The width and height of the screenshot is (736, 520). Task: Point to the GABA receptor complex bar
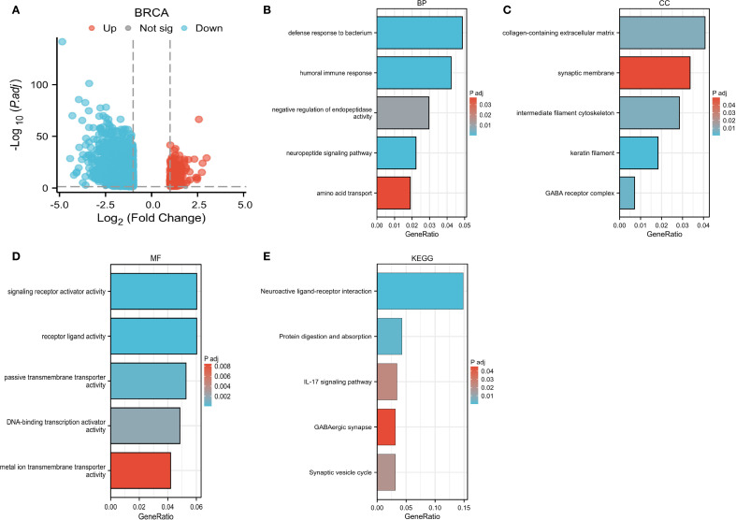(x=628, y=193)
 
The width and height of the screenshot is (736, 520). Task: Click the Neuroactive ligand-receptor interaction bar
(x=420, y=290)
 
